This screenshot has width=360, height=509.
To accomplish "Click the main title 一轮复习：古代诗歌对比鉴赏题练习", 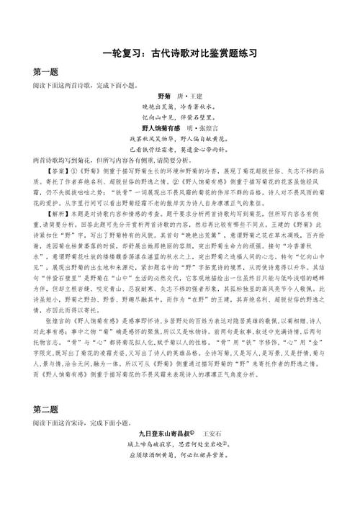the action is pos(180,54).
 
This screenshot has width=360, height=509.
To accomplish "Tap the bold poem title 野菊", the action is pos(164,96).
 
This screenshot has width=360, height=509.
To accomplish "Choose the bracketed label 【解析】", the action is pos(51,215).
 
